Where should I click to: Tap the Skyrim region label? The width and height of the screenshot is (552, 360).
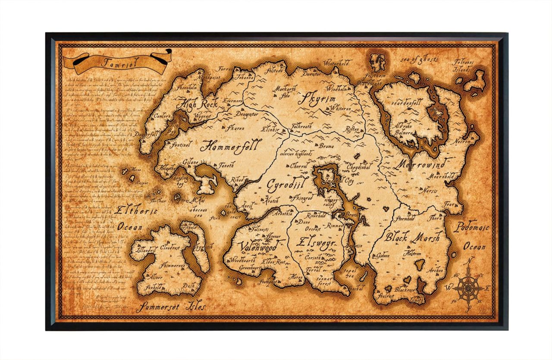(318, 99)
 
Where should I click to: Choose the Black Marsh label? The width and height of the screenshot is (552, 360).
(413, 237)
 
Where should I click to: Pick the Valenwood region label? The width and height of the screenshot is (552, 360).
(258, 247)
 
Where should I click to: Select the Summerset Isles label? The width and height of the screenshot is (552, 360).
(172, 307)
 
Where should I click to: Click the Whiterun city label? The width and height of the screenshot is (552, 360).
(340, 109)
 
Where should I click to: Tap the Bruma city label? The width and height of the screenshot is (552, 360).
(326, 147)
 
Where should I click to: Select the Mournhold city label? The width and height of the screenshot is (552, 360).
(441, 176)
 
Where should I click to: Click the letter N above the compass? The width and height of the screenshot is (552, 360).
(471, 260)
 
